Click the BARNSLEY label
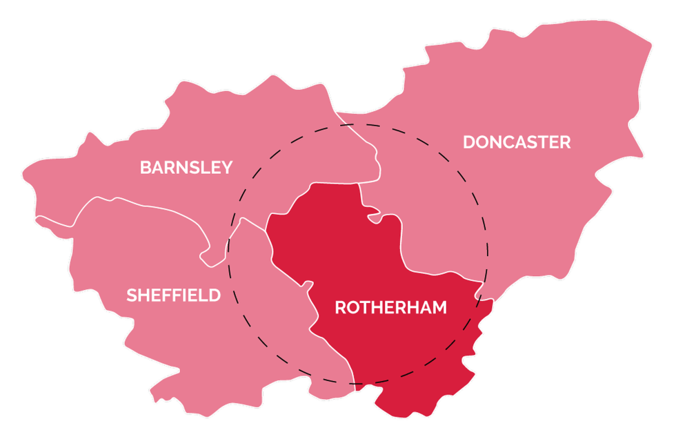click(186, 167)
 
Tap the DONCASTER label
click(517, 142)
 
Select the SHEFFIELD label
click(173, 295)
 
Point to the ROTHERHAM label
click(390, 308)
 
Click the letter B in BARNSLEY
click(145, 167)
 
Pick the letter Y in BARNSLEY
click(227, 167)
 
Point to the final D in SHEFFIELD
click(215, 295)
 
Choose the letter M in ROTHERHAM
click(439, 308)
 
